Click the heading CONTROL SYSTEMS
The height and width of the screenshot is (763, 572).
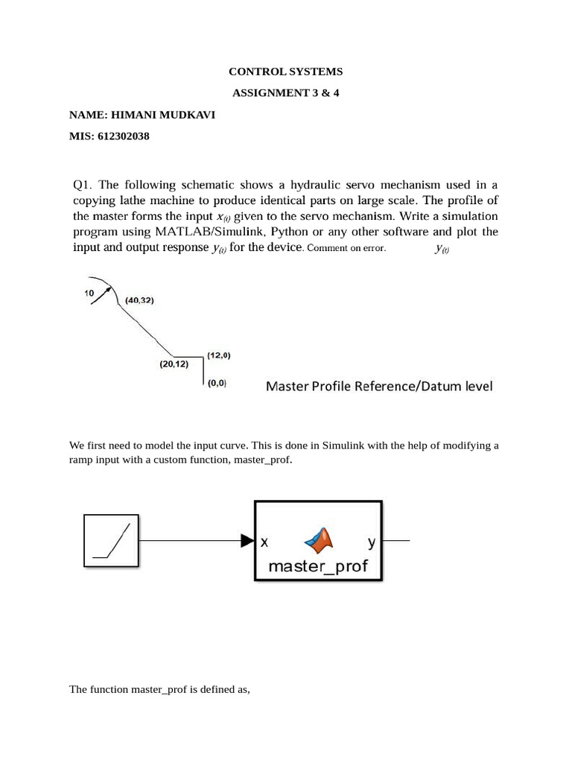pyautogui.click(x=285, y=72)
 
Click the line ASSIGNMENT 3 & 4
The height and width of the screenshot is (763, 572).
pyautogui.click(x=285, y=94)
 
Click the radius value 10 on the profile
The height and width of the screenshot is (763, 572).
pyautogui.click(x=89, y=294)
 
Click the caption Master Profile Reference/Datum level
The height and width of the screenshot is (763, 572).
pyautogui.click(x=379, y=386)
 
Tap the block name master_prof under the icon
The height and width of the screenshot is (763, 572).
pyautogui.click(x=318, y=566)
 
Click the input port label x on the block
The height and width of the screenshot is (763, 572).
pyautogui.click(x=264, y=542)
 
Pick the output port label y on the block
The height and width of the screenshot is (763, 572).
pyautogui.click(x=371, y=542)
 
